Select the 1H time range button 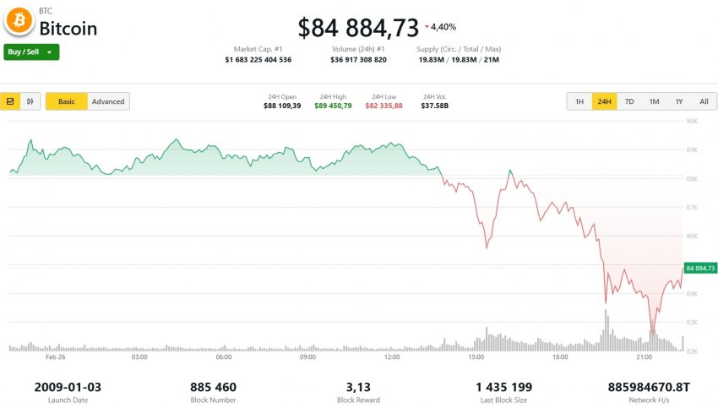[x=579, y=101]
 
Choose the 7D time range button [x=629, y=101]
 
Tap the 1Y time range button [x=679, y=101]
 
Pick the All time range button [x=704, y=101]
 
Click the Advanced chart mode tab [x=108, y=101]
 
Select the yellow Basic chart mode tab [x=67, y=101]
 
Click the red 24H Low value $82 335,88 [x=383, y=106]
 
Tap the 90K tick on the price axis [x=691, y=122]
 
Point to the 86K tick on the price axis [x=691, y=237]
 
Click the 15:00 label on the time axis [x=476, y=357]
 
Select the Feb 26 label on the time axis [x=56, y=357]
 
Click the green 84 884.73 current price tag [x=700, y=268]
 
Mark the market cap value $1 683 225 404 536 [x=258, y=60]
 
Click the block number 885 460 [x=215, y=387]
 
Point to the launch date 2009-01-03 [x=68, y=387]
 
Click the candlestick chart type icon [x=30, y=101]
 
